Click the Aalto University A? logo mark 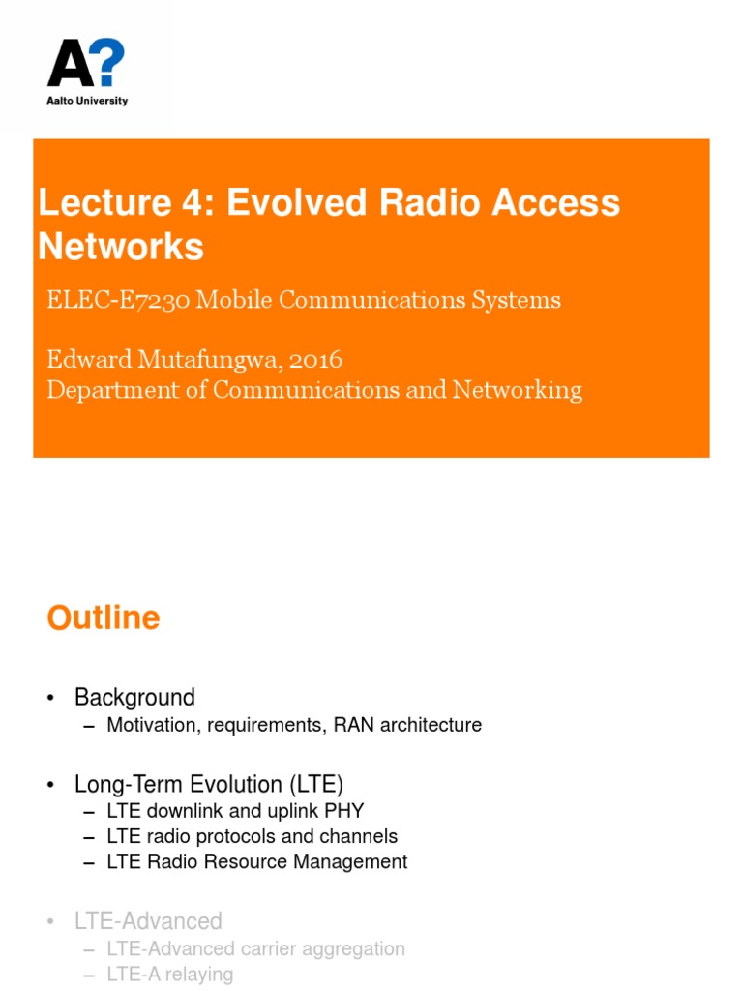tap(86, 65)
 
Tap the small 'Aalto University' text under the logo tap(87, 101)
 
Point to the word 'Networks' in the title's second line tap(121, 246)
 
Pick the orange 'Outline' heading tap(104, 617)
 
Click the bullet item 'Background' tap(134, 697)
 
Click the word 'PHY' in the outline tap(344, 811)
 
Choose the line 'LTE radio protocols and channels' tap(252, 836)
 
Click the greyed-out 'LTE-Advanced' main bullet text tap(148, 920)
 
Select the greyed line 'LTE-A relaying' tap(169, 974)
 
